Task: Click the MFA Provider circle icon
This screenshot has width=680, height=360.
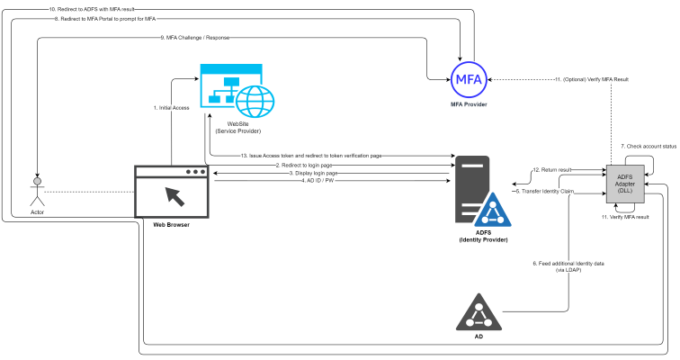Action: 468,79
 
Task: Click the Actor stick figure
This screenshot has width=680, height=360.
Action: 36,190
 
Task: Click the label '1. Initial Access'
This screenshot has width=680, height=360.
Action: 172,108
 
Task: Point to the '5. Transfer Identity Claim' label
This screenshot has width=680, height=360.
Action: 543,191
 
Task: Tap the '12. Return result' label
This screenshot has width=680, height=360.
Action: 550,169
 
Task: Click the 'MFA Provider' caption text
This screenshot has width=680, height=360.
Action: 469,105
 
